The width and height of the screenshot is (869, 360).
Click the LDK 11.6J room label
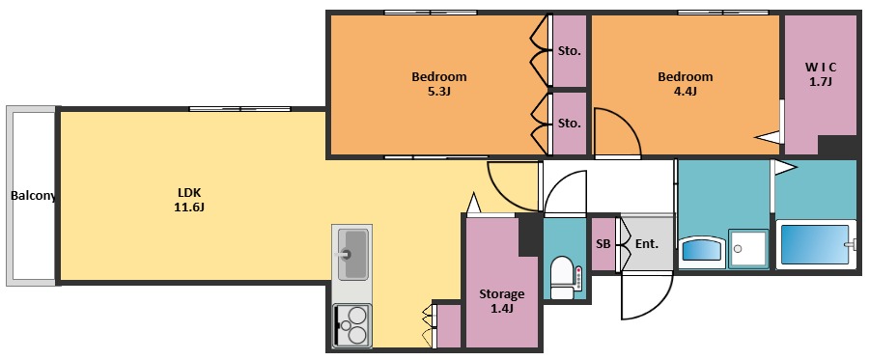coord(190,200)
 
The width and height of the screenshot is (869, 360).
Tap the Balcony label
coord(33,196)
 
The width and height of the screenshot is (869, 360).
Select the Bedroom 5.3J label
coord(439,84)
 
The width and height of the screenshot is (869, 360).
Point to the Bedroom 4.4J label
coord(685,84)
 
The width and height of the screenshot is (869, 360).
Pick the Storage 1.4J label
coord(501,301)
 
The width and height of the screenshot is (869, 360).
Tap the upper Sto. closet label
coord(569,51)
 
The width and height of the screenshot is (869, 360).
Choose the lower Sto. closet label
coord(569,123)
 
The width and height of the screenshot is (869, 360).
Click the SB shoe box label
coord(603,243)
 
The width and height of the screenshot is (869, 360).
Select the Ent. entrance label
coord(646,243)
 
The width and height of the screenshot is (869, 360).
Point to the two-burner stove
coord(352,326)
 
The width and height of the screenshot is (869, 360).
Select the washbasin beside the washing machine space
coord(702,252)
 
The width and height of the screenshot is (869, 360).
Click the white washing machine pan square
coord(748,249)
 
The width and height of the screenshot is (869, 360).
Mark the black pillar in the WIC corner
coord(838,145)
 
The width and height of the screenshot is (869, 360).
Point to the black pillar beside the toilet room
coord(530,235)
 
